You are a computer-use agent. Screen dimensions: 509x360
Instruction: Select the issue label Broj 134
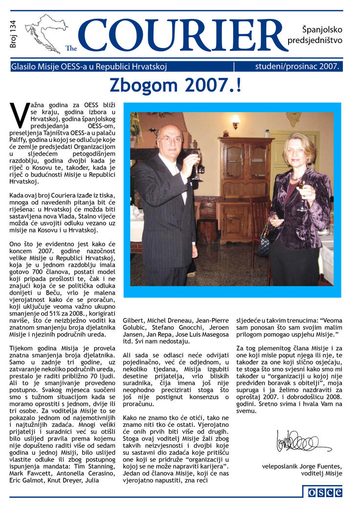point(13,34)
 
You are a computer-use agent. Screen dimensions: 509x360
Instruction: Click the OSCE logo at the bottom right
point(324,492)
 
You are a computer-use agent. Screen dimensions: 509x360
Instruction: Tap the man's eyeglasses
point(170,139)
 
